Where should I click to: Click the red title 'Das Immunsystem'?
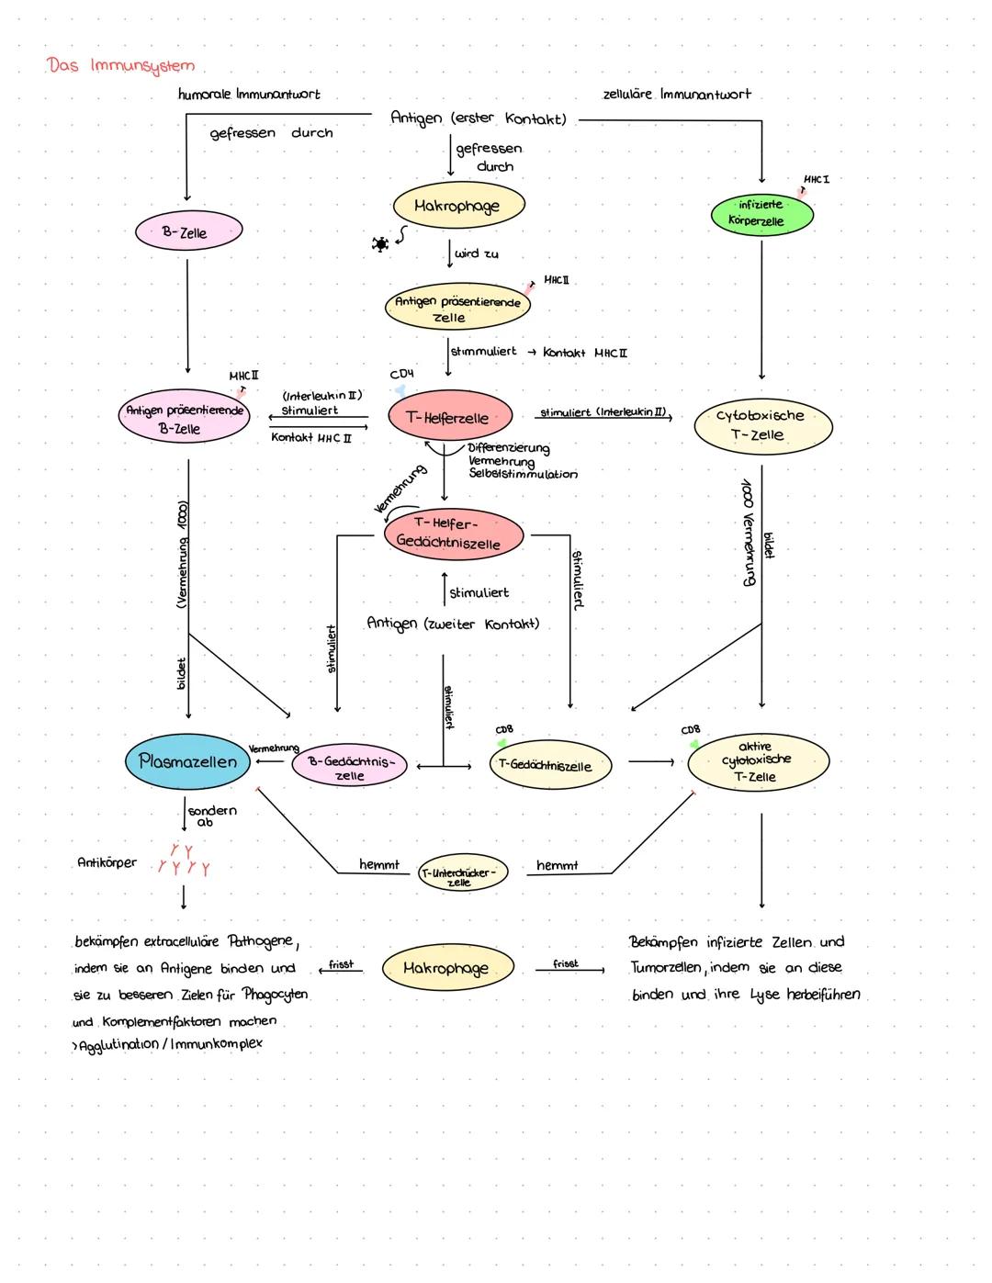point(121,66)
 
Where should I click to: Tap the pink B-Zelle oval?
point(188,232)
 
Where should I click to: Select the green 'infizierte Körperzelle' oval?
point(761,213)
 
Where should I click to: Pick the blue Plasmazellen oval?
point(188,760)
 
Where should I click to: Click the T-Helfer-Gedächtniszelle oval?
point(454,534)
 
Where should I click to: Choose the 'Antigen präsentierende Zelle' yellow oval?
point(457,309)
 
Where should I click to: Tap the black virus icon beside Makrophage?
point(378,244)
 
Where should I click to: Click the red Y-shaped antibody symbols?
point(183,861)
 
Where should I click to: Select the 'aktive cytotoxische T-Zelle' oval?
point(758,761)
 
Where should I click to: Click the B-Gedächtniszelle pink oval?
point(350,767)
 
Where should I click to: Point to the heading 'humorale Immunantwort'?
point(249,94)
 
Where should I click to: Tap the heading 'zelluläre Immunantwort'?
point(676,94)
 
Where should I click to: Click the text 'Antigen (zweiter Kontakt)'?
point(453,624)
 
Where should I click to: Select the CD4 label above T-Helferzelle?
point(401,375)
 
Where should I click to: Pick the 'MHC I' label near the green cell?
point(816,179)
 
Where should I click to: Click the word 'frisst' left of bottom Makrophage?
point(341,964)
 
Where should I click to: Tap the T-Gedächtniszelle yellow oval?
point(549,766)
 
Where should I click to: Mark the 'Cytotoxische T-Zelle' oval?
point(762,424)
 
